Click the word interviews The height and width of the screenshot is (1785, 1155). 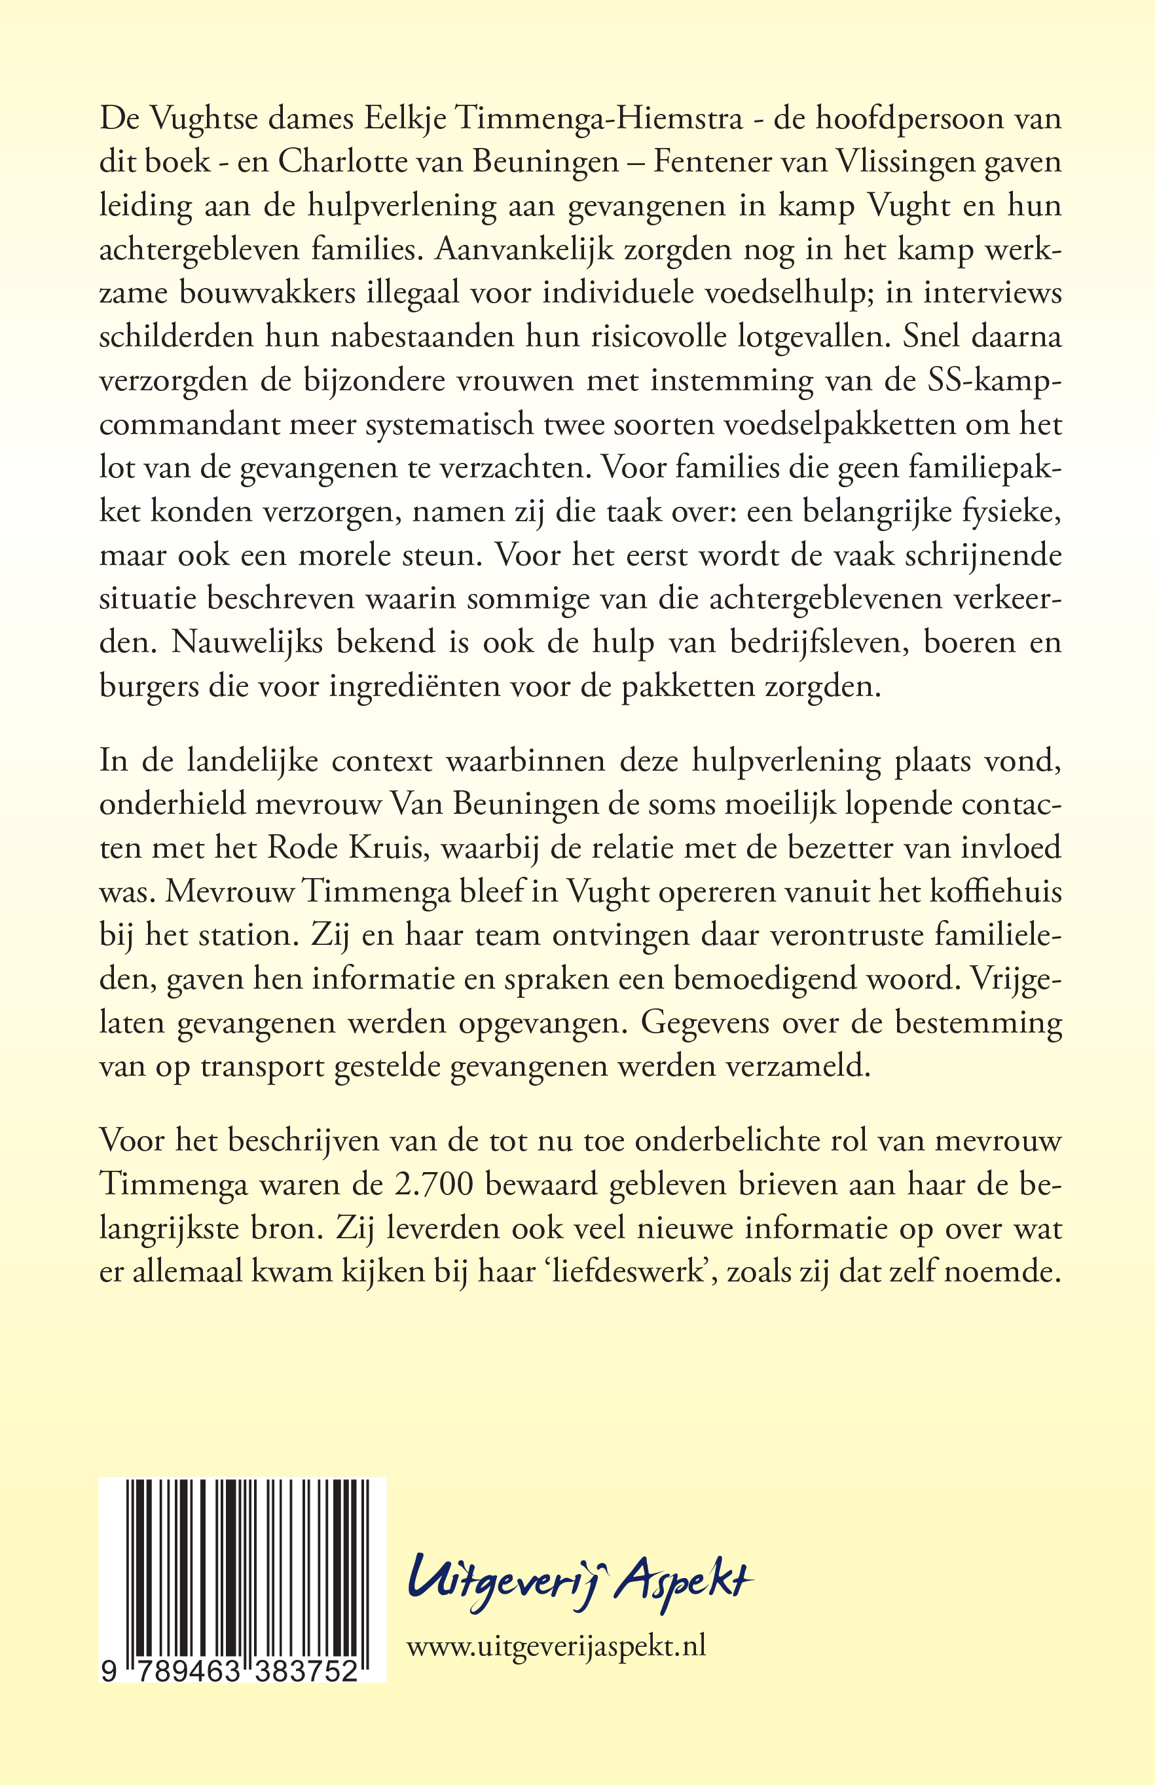[x=993, y=293]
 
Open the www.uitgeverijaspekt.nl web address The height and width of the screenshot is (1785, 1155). [x=556, y=1646]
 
